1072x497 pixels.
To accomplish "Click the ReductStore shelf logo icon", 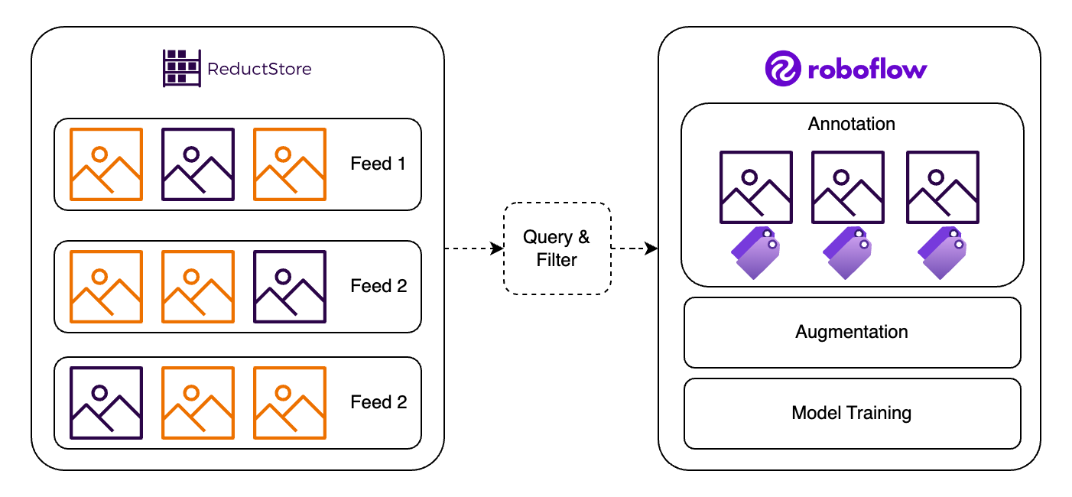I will click(181, 68).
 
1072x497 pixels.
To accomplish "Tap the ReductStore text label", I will click(259, 69).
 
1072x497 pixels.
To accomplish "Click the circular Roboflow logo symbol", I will click(782, 69).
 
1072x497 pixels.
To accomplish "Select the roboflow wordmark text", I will click(867, 70).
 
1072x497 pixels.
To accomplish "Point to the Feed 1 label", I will click(378, 164).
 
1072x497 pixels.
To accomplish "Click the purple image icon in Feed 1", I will click(198, 164).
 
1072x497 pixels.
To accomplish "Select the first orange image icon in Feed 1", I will click(106, 164).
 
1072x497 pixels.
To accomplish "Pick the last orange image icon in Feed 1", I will click(290, 164).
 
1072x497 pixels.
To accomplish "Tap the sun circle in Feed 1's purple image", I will click(190, 153).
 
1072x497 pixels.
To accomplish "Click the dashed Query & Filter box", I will click(557, 248).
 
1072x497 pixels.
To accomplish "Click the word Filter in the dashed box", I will click(557, 260).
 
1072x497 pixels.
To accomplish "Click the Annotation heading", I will click(851, 124).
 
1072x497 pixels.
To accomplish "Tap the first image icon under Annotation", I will click(755, 187).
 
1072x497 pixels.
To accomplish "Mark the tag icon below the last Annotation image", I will click(942, 252).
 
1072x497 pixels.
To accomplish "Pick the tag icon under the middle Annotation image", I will click(848, 252).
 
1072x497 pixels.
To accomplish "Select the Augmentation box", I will click(852, 333).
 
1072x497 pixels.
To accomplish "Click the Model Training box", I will click(852, 414).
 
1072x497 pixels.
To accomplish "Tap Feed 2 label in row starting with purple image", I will click(378, 402).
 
